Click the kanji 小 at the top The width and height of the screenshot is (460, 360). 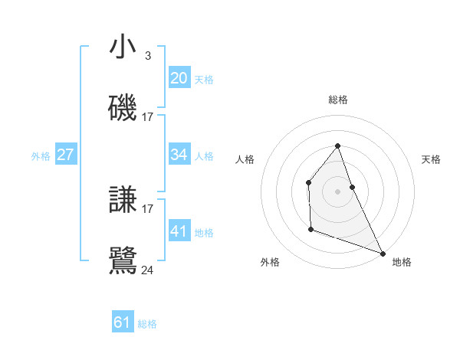pyautogui.click(x=123, y=47)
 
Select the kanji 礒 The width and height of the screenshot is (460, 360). pyautogui.click(x=123, y=108)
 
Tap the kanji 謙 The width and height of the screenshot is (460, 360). pyautogui.click(x=123, y=200)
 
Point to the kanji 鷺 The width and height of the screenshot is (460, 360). pyautogui.click(x=123, y=260)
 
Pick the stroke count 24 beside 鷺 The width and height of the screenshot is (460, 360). pyautogui.click(x=147, y=270)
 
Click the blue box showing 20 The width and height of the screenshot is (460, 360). pyautogui.click(x=179, y=77)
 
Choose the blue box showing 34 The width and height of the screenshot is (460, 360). pyautogui.click(x=179, y=155)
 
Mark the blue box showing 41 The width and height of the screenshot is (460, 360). pyautogui.click(x=179, y=231)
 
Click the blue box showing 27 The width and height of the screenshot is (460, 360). pyautogui.click(x=66, y=155)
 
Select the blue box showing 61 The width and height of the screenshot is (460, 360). pyautogui.click(x=123, y=322)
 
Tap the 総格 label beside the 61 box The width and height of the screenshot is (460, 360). pyautogui.click(x=147, y=324)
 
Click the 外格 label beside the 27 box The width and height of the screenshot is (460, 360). pyautogui.click(x=41, y=156)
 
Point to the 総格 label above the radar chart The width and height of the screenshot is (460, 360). pyautogui.click(x=338, y=100)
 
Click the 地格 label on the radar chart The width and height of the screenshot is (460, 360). pyautogui.click(x=402, y=262)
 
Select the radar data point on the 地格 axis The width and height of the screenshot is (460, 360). pyautogui.click(x=383, y=253)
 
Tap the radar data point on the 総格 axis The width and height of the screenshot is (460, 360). pyautogui.click(x=338, y=146)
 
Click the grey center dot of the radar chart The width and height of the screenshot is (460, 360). pyautogui.click(x=338, y=191)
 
